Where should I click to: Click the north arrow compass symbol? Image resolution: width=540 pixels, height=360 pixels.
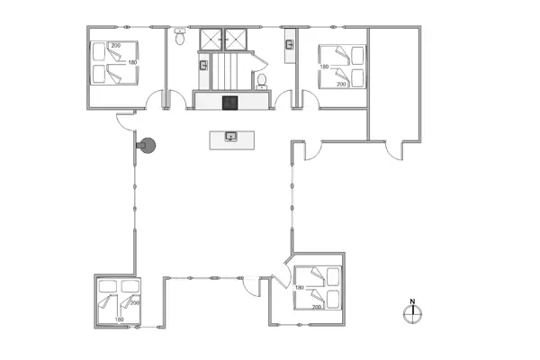412,311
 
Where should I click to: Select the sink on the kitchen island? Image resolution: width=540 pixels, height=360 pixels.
230,138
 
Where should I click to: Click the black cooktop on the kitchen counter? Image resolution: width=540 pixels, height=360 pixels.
229,102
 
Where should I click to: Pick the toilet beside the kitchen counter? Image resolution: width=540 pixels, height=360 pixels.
261,81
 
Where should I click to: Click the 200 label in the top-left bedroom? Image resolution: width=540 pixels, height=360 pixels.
115,45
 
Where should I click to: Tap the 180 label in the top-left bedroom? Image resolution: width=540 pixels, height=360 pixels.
132,62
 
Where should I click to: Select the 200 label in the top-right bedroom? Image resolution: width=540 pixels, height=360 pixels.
341,84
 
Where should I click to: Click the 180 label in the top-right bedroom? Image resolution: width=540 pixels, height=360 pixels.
325,67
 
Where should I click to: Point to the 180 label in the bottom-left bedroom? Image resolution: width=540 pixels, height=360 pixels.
118,319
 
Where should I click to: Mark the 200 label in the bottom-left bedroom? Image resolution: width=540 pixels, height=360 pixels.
134,303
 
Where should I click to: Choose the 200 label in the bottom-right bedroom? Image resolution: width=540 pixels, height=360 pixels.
317,306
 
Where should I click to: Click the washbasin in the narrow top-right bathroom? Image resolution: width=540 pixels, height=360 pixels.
291,43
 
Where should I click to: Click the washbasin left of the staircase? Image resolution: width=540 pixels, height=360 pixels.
204,65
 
